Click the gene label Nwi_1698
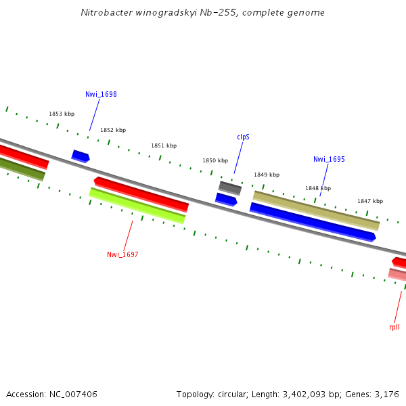(101, 94)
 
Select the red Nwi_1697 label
(122, 254)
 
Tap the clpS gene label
(243, 137)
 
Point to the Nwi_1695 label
(329, 160)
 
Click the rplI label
(394, 327)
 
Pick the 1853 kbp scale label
(61, 114)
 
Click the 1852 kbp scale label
(113, 130)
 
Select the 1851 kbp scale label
(164, 145)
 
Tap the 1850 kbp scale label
(215, 160)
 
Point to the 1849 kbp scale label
(267, 175)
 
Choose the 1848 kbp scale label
(318, 188)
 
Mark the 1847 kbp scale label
(370, 201)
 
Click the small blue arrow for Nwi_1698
(81, 156)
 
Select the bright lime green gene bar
(137, 206)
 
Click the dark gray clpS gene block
(230, 187)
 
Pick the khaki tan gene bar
(316, 210)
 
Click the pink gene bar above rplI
(397, 274)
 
